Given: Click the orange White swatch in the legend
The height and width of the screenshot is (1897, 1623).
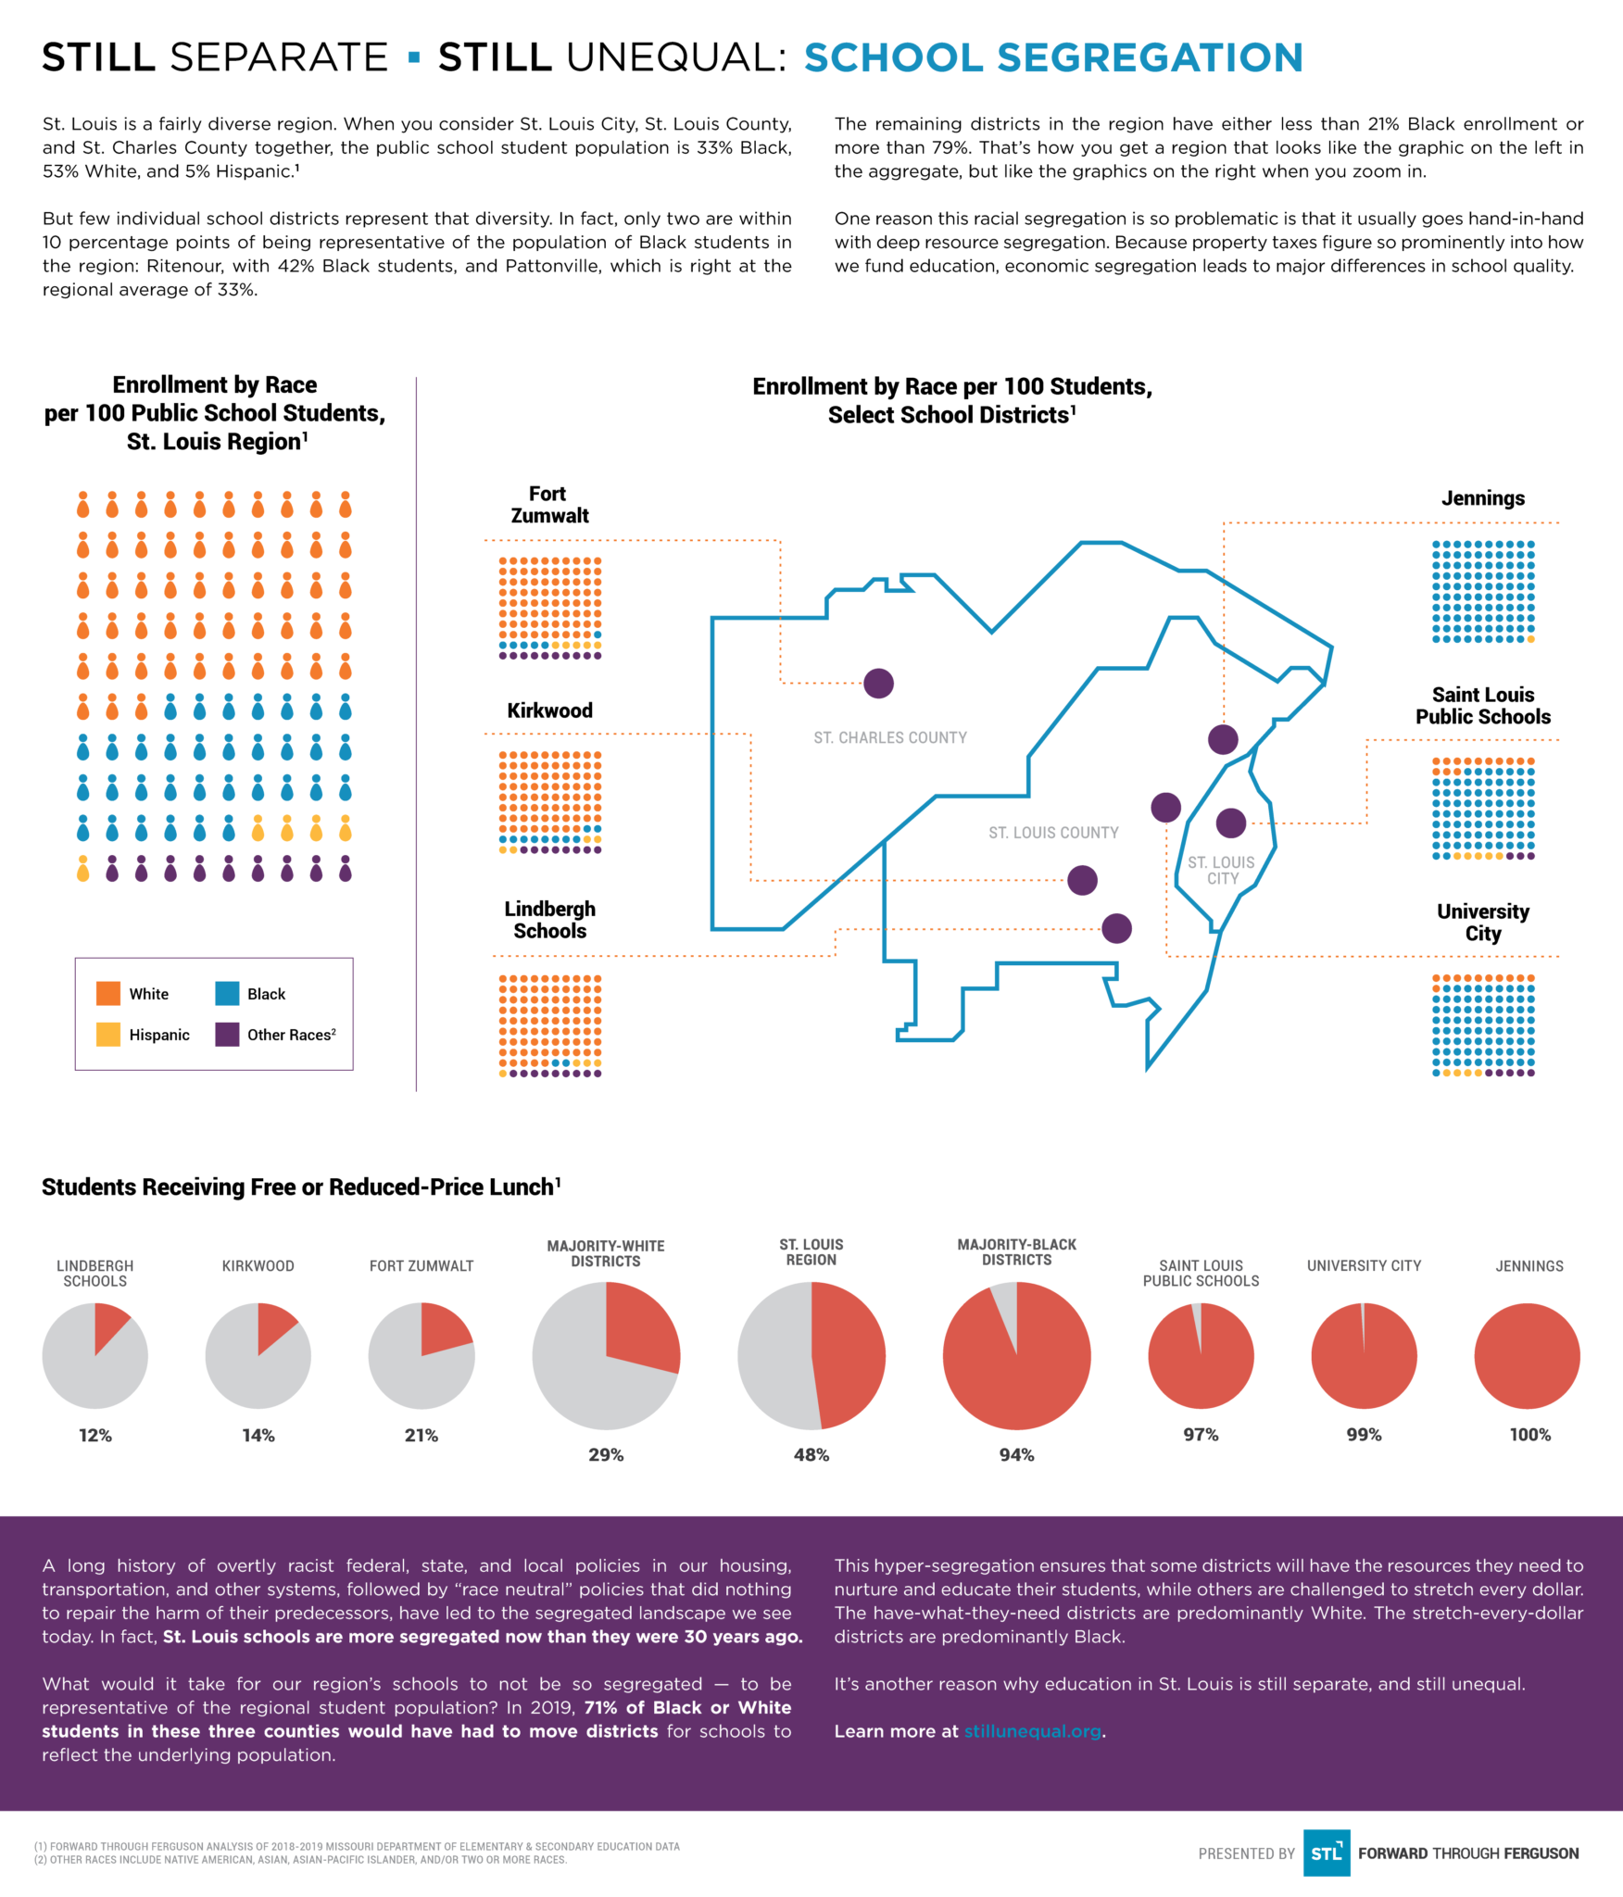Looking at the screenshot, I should pyautogui.click(x=108, y=993).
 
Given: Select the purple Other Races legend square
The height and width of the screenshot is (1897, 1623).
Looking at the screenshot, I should pyautogui.click(x=227, y=1034).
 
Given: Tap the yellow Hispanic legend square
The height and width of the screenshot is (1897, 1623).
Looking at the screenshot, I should pyautogui.click(x=108, y=1034).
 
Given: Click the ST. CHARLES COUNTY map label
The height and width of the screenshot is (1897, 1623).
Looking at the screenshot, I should pyautogui.click(x=890, y=737).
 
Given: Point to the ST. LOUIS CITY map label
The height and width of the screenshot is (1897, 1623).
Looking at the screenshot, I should pyautogui.click(x=1222, y=870).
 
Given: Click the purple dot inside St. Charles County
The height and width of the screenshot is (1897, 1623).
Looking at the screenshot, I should pyautogui.click(x=878, y=684).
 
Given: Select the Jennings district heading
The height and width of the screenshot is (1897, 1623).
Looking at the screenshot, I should pyautogui.click(x=1482, y=498).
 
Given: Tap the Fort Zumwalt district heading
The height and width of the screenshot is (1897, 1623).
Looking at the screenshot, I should pyautogui.click(x=549, y=505).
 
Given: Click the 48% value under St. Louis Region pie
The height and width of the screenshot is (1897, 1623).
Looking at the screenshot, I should pyautogui.click(x=811, y=1454).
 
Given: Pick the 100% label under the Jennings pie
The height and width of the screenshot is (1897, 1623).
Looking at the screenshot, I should pyautogui.click(x=1529, y=1434).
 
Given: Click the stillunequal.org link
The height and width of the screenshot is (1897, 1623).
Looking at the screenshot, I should pyautogui.click(x=1032, y=1731).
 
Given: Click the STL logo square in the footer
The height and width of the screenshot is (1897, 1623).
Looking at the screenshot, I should pyautogui.click(x=1326, y=1853).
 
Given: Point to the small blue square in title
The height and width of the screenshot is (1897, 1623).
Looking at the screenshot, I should pyautogui.click(x=414, y=58).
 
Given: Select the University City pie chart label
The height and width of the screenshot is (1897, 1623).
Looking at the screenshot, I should pyautogui.click(x=1364, y=1265).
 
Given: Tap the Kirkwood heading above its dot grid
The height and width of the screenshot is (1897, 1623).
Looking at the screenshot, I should pyautogui.click(x=549, y=710).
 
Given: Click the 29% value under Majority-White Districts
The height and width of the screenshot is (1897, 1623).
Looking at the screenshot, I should pyautogui.click(x=606, y=1454).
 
